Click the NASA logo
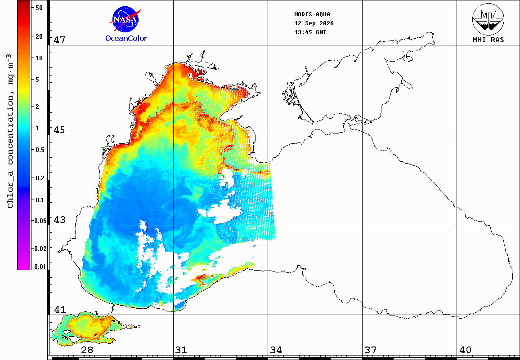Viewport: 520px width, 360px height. (x=126, y=19)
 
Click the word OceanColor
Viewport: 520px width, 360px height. (x=126, y=39)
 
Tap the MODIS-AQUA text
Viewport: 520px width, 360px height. (x=312, y=14)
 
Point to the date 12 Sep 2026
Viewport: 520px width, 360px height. (x=314, y=23)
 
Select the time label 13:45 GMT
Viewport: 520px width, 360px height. (x=310, y=32)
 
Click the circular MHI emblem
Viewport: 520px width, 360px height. (x=488, y=19)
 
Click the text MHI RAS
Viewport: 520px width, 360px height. (x=488, y=40)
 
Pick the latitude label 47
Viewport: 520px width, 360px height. (x=60, y=40)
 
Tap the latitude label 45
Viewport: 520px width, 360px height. (x=60, y=130)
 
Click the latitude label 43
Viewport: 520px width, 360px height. (x=60, y=220)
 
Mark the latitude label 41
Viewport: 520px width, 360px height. (x=60, y=310)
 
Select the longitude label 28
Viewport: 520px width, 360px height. (x=87, y=350)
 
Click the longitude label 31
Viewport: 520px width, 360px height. (x=181, y=350)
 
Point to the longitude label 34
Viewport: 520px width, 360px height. (x=276, y=350)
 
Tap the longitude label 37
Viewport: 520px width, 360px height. (x=371, y=350)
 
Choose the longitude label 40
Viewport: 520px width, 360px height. (x=465, y=350)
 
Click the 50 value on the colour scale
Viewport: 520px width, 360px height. (x=39, y=8)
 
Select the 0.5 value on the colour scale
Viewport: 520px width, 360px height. (x=40, y=150)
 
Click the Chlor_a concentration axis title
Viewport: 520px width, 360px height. (x=11, y=131)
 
